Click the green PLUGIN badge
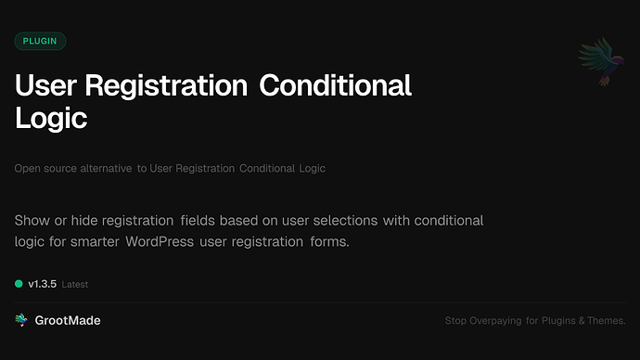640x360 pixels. (41, 41)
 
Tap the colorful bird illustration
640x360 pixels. (597, 62)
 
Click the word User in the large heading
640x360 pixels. (45, 86)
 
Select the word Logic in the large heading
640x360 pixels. (51, 119)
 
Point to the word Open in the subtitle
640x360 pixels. (27, 169)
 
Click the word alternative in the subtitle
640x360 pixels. (103, 169)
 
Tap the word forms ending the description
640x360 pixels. (330, 241)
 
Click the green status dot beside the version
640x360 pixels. (19, 284)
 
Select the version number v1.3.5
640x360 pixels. (42, 284)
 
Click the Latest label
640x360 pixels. (75, 285)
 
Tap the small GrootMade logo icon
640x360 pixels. (21, 320)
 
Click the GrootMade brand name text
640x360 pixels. (68, 320)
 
